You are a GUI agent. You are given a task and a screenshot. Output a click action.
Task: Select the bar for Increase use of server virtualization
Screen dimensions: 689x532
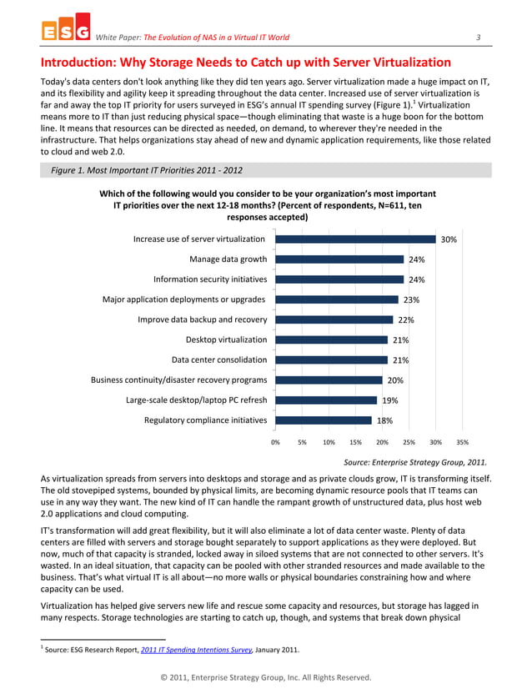click(355, 239)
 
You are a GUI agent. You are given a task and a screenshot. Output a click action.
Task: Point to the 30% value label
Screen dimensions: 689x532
click(448, 240)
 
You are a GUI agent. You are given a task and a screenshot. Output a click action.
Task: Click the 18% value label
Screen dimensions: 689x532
click(384, 421)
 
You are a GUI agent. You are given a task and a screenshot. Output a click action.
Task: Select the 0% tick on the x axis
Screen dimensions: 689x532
click(275, 442)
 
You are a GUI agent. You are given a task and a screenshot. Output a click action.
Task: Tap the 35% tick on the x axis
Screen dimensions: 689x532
click(462, 442)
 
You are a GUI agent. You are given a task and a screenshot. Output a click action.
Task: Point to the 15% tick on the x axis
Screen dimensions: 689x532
click(355, 442)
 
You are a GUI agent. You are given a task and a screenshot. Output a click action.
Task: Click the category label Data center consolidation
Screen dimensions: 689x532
click(219, 360)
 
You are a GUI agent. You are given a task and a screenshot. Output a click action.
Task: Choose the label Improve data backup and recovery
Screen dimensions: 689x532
click(197, 319)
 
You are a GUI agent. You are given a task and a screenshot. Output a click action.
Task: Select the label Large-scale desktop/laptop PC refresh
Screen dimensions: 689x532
click(196, 400)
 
